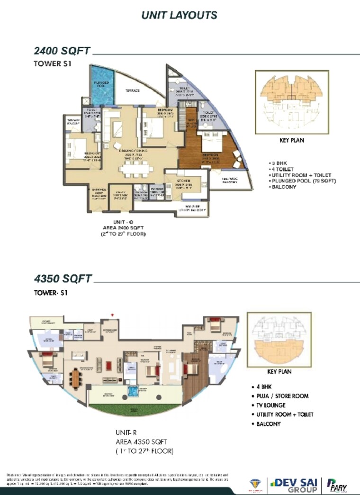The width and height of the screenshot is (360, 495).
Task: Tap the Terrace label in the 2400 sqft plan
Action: (x=134, y=90)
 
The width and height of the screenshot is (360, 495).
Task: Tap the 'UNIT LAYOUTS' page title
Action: (x=180, y=15)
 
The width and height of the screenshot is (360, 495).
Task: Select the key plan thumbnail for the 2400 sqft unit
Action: (x=292, y=101)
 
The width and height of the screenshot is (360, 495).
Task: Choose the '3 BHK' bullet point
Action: (x=279, y=163)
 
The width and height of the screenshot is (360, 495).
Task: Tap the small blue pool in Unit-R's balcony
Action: (x=134, y=391)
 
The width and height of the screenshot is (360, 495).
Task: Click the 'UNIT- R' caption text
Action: (x=126, y=432)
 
